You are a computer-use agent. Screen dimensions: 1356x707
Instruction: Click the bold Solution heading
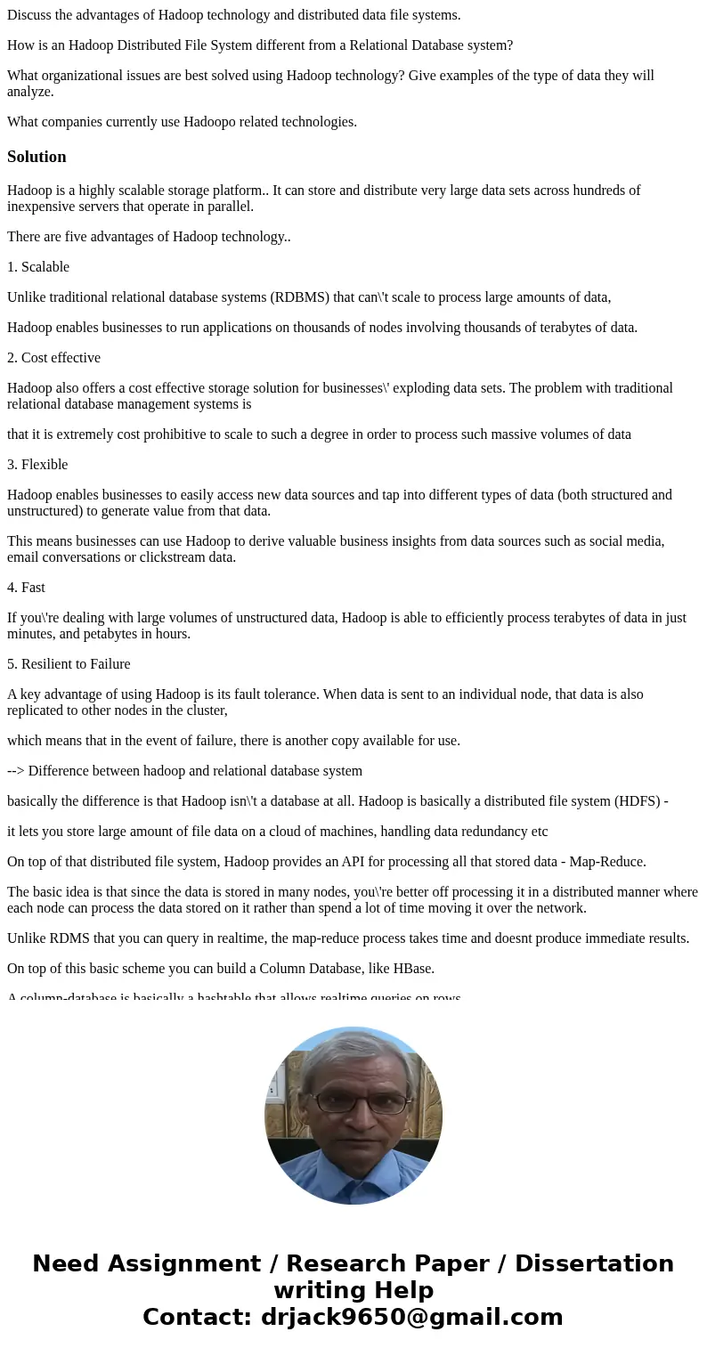[x=37, y=157]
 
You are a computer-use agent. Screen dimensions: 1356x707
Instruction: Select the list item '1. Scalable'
[x=38, y=267]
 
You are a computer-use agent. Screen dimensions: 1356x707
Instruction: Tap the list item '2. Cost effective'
[x=53, y=358]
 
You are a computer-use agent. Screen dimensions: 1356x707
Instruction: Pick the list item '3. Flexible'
[x=37, y=465]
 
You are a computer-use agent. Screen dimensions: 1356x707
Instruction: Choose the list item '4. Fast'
[x=26, y=588]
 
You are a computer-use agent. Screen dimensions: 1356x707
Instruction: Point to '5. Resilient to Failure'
[x=69, y=664]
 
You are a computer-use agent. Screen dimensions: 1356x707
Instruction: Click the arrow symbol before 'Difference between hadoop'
[x=16, y=771]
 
